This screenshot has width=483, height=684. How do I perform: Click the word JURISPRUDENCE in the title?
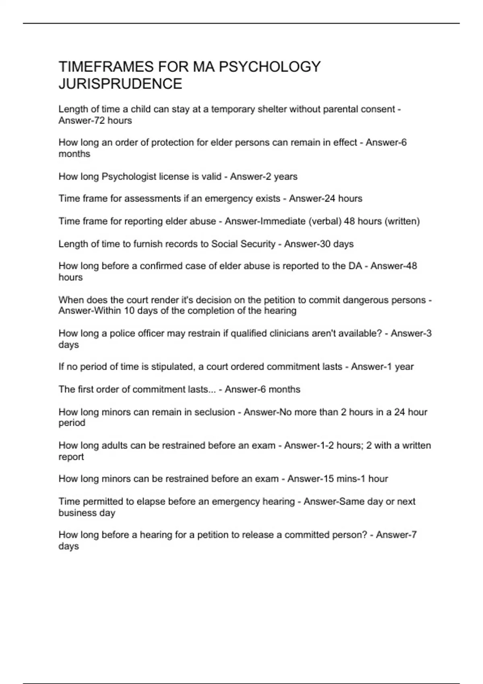(120, 84)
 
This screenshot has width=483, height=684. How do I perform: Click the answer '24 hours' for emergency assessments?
(343, 199)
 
